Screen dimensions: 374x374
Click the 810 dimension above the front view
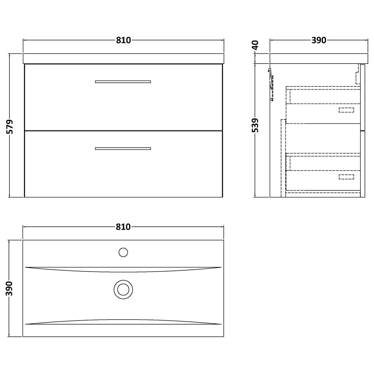(x=123, y=40)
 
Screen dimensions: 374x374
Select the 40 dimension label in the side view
(x=256, y=45)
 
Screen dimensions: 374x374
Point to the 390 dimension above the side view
(x=319, y=40)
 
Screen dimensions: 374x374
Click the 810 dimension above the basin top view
(x=123, y=227)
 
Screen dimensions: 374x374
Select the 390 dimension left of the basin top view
(x=10, y=288)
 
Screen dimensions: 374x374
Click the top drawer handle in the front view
(x=123, y=82)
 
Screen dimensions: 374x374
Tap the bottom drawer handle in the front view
(x=123, y=148)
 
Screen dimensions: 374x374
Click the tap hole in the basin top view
(x=123, y=252)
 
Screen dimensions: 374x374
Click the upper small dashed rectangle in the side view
(x=346, y=110)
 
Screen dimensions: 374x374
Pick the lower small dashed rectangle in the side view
(x=346, y=177)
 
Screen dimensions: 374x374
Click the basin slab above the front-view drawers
(x=123, y=58)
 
